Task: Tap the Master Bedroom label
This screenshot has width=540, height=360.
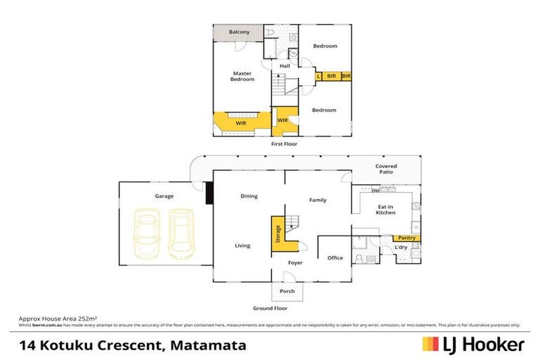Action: pos(243,76)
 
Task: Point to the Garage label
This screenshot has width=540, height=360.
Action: pos(164,196)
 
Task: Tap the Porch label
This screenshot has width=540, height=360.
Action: pos(287,291)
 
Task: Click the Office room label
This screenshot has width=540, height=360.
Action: pos(335,258)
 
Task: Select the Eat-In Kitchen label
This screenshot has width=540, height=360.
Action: pos(386,209)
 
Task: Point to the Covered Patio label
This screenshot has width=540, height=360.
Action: pos(385,169)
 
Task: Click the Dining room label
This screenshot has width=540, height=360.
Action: pos(249,196)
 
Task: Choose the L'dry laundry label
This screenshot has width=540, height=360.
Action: pos(401,247)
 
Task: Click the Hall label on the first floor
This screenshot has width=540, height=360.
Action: pos(285,66)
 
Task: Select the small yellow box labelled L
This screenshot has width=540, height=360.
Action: pos(319,76)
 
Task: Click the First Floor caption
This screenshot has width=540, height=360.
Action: pos(285,144)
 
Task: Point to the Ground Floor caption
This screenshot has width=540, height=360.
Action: pos(270,308)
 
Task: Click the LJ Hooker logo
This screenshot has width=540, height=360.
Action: pos(472,345)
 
